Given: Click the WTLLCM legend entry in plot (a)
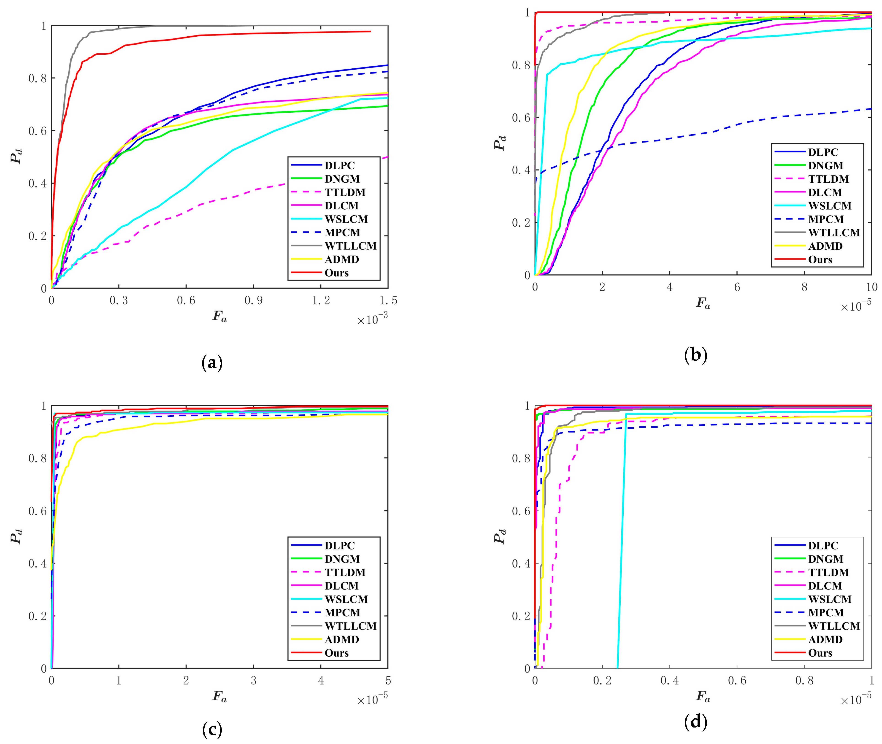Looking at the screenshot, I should [350, 246].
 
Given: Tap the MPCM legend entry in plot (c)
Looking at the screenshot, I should [342, 612].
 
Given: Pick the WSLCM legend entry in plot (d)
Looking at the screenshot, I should [829, 599].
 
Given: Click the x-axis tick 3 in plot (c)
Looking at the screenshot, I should [254, 681].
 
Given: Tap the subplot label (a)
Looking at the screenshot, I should [212, 363].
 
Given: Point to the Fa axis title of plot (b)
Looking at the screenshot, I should [703, 303].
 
